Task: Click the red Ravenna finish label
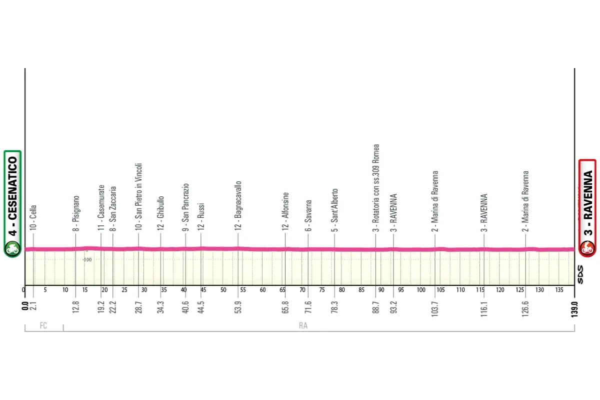click(x=587, y=200)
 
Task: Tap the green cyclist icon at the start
click(x=12, y=247)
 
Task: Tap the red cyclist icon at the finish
click(x=587, y=247)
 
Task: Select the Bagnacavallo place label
click(x=238, y=205)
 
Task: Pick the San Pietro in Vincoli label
click(x=139, y=196)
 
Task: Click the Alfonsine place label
click(x=286, y=211)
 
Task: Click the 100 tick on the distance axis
click(x=421, y=290)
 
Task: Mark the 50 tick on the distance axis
click(x=223, y=290)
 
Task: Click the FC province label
click(x=43, y=326)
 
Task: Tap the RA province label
click(x=303, y=326)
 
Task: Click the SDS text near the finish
click(x=580, y=274)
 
